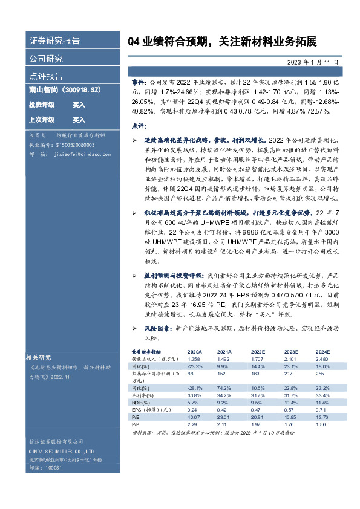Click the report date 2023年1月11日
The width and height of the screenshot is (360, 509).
pos(317,62)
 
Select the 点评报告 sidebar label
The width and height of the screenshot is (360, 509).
pos(46,76)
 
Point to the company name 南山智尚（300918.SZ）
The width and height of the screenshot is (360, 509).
pos(64,89)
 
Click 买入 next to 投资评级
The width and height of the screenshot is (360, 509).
pos(79,105)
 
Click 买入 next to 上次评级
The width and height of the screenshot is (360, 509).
pos(79,120)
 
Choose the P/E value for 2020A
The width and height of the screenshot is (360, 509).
pos(194,417)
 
